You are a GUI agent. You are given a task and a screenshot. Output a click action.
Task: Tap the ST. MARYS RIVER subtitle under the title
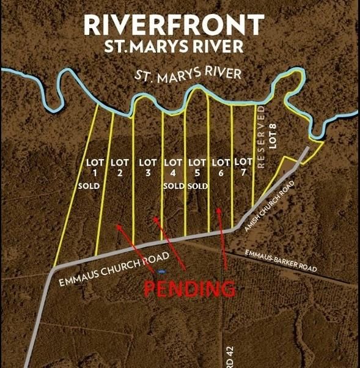click(x=174, y=46)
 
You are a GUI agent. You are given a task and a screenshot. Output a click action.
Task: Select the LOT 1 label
click(x=95, y=167)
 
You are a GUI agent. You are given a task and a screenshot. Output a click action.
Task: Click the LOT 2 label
click(x=120, y=167)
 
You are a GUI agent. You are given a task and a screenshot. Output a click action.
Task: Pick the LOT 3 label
click(x=148, y=167)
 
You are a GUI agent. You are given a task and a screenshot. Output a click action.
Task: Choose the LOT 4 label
click(x=173, y=167)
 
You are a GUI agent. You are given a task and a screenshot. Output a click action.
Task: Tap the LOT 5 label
click(x=196, y=167)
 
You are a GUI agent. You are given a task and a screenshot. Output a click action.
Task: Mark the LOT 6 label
click(x=220, y=167)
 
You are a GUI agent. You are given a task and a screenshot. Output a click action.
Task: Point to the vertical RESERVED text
click(x=261, y=138)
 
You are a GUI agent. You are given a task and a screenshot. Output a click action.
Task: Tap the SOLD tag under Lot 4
click(x=174, y=186)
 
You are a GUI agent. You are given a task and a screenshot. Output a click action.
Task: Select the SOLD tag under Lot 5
click(x=197, y=186)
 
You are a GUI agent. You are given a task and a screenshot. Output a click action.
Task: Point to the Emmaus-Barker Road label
click(x=281, y=260)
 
